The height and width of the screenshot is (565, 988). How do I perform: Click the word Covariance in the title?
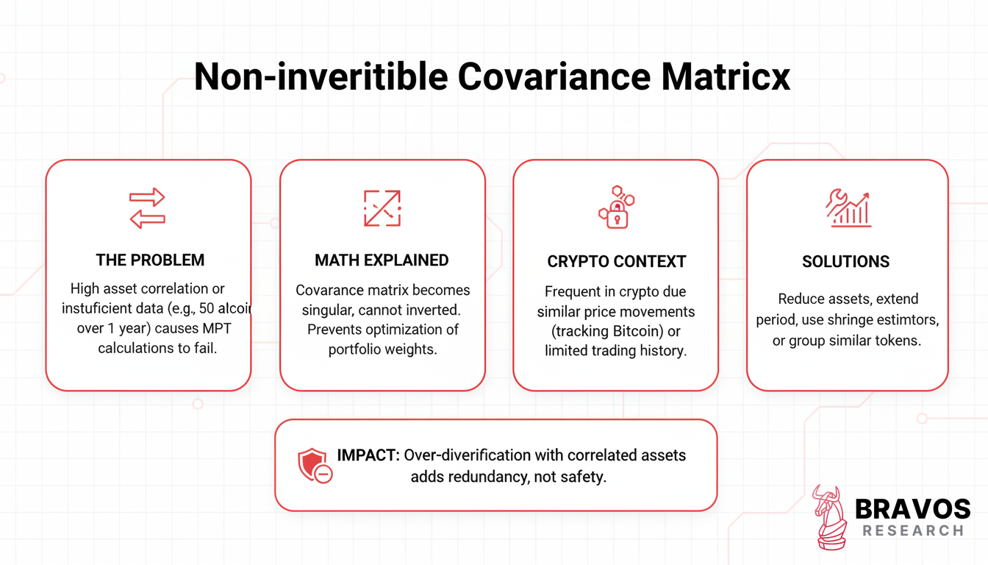click(554, 77)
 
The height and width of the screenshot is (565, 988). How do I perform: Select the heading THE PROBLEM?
click(150, 260)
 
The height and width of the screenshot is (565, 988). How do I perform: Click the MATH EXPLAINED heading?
click(382, 260)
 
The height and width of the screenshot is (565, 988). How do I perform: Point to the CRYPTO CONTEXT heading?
click(617, 262)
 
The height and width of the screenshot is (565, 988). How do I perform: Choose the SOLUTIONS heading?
click(845, 262)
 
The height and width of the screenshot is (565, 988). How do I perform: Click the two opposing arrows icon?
click(147, 208)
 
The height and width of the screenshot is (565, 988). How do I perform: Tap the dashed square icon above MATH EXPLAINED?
click(382, 208)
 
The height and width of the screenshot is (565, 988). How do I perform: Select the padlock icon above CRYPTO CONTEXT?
click(617, 207)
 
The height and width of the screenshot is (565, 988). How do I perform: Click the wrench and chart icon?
click(848, 208)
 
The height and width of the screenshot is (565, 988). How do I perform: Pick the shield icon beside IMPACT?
click(315, 466)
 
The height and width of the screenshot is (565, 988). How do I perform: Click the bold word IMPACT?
click(368, 455)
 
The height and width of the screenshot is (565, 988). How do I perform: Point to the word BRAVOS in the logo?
click(912, 509)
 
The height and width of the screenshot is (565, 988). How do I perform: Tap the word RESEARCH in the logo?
click(913, 530)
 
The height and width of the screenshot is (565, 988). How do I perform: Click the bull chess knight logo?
click(830, 517)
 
